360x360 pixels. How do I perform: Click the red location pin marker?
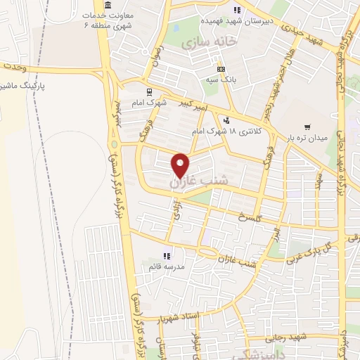pyautogui.click(x=181, y=165)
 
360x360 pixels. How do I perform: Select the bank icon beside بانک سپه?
pyautogui.click(x=221, y=70)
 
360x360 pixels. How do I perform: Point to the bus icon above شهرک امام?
pyautogui.click(x=148, y=91)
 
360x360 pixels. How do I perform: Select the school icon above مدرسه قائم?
pyautogui.click(x=167, y=256)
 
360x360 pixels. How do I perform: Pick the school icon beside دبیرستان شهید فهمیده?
pyautogui.click(x=238, y=10)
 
